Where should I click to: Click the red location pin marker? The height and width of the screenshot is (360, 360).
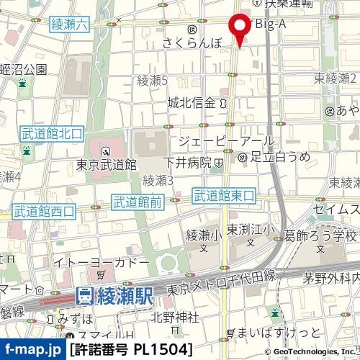tap(240, 28)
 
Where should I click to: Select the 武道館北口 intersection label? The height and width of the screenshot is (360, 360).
tap(52, 133)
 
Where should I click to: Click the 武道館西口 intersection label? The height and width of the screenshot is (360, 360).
tap(44, 211)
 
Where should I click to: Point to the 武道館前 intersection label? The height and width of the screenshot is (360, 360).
tap(138, 203)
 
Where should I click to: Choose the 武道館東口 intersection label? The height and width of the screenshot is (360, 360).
tap(224, 195)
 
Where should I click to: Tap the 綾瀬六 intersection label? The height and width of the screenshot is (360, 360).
tap(70, 24)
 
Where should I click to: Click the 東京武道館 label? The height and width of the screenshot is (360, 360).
tap(107, 165)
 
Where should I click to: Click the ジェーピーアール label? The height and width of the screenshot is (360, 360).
tap(225, 141)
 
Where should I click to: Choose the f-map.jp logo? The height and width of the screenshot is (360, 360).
tap(32, 350)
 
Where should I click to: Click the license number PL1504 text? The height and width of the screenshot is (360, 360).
tap(132, 350)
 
